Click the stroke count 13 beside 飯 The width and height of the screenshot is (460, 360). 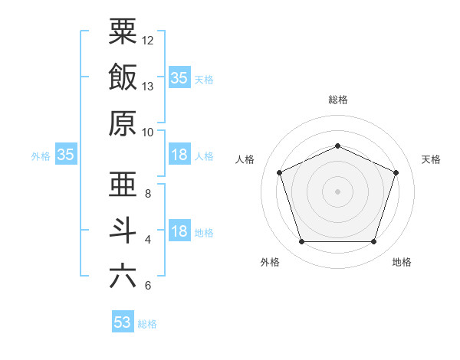click(x=148, y=87)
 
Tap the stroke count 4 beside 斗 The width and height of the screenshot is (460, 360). click(x=148, y=240)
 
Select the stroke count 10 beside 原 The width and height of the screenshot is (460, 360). click(x=148, y=132)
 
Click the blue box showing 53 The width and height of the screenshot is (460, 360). click(x=123, y=322)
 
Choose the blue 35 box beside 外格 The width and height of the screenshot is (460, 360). click(x=65, y=155)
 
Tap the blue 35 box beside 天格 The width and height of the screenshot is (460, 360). click(x=179, y=78)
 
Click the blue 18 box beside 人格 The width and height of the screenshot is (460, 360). click(x=179, y=155)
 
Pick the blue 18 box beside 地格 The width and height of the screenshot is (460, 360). click(x=179, y=231)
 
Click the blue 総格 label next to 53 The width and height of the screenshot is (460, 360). click(x=147, y=324)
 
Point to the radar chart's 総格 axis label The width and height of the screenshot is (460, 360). click(x=337, y=100)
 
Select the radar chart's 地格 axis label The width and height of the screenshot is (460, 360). click(x=402, y=263)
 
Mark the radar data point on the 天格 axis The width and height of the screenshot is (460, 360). click(x=396, y=172)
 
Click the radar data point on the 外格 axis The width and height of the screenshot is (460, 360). click(x=301, y=242)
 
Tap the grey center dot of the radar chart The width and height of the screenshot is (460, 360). click(x=337, y=191)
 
